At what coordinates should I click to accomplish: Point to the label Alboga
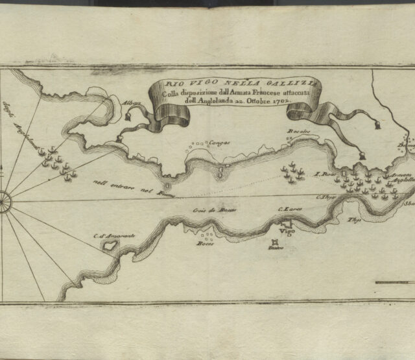[130, 110]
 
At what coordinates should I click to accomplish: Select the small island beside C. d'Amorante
[110, 246]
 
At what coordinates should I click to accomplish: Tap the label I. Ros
[322, 174]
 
